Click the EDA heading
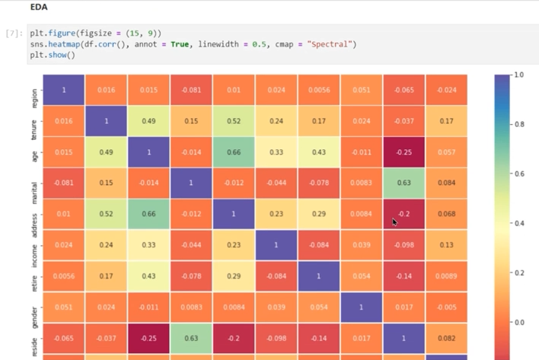tap(39, 8)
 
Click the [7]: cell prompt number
tap(14, 34)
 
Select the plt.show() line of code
tap(53, 55)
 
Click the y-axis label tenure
tap(33, 122)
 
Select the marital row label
tap(33, 183)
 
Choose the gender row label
tap(33, 308)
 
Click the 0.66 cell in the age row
tap(234, 152)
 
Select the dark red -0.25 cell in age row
tap(403, 152)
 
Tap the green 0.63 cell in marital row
tap(403, 183)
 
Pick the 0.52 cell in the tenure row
tap(234, 121)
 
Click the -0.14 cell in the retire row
tap(403, 277)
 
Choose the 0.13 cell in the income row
tap(447, 246)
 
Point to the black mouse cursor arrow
tap(394, 222)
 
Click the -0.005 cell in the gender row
tap(447, 308)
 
